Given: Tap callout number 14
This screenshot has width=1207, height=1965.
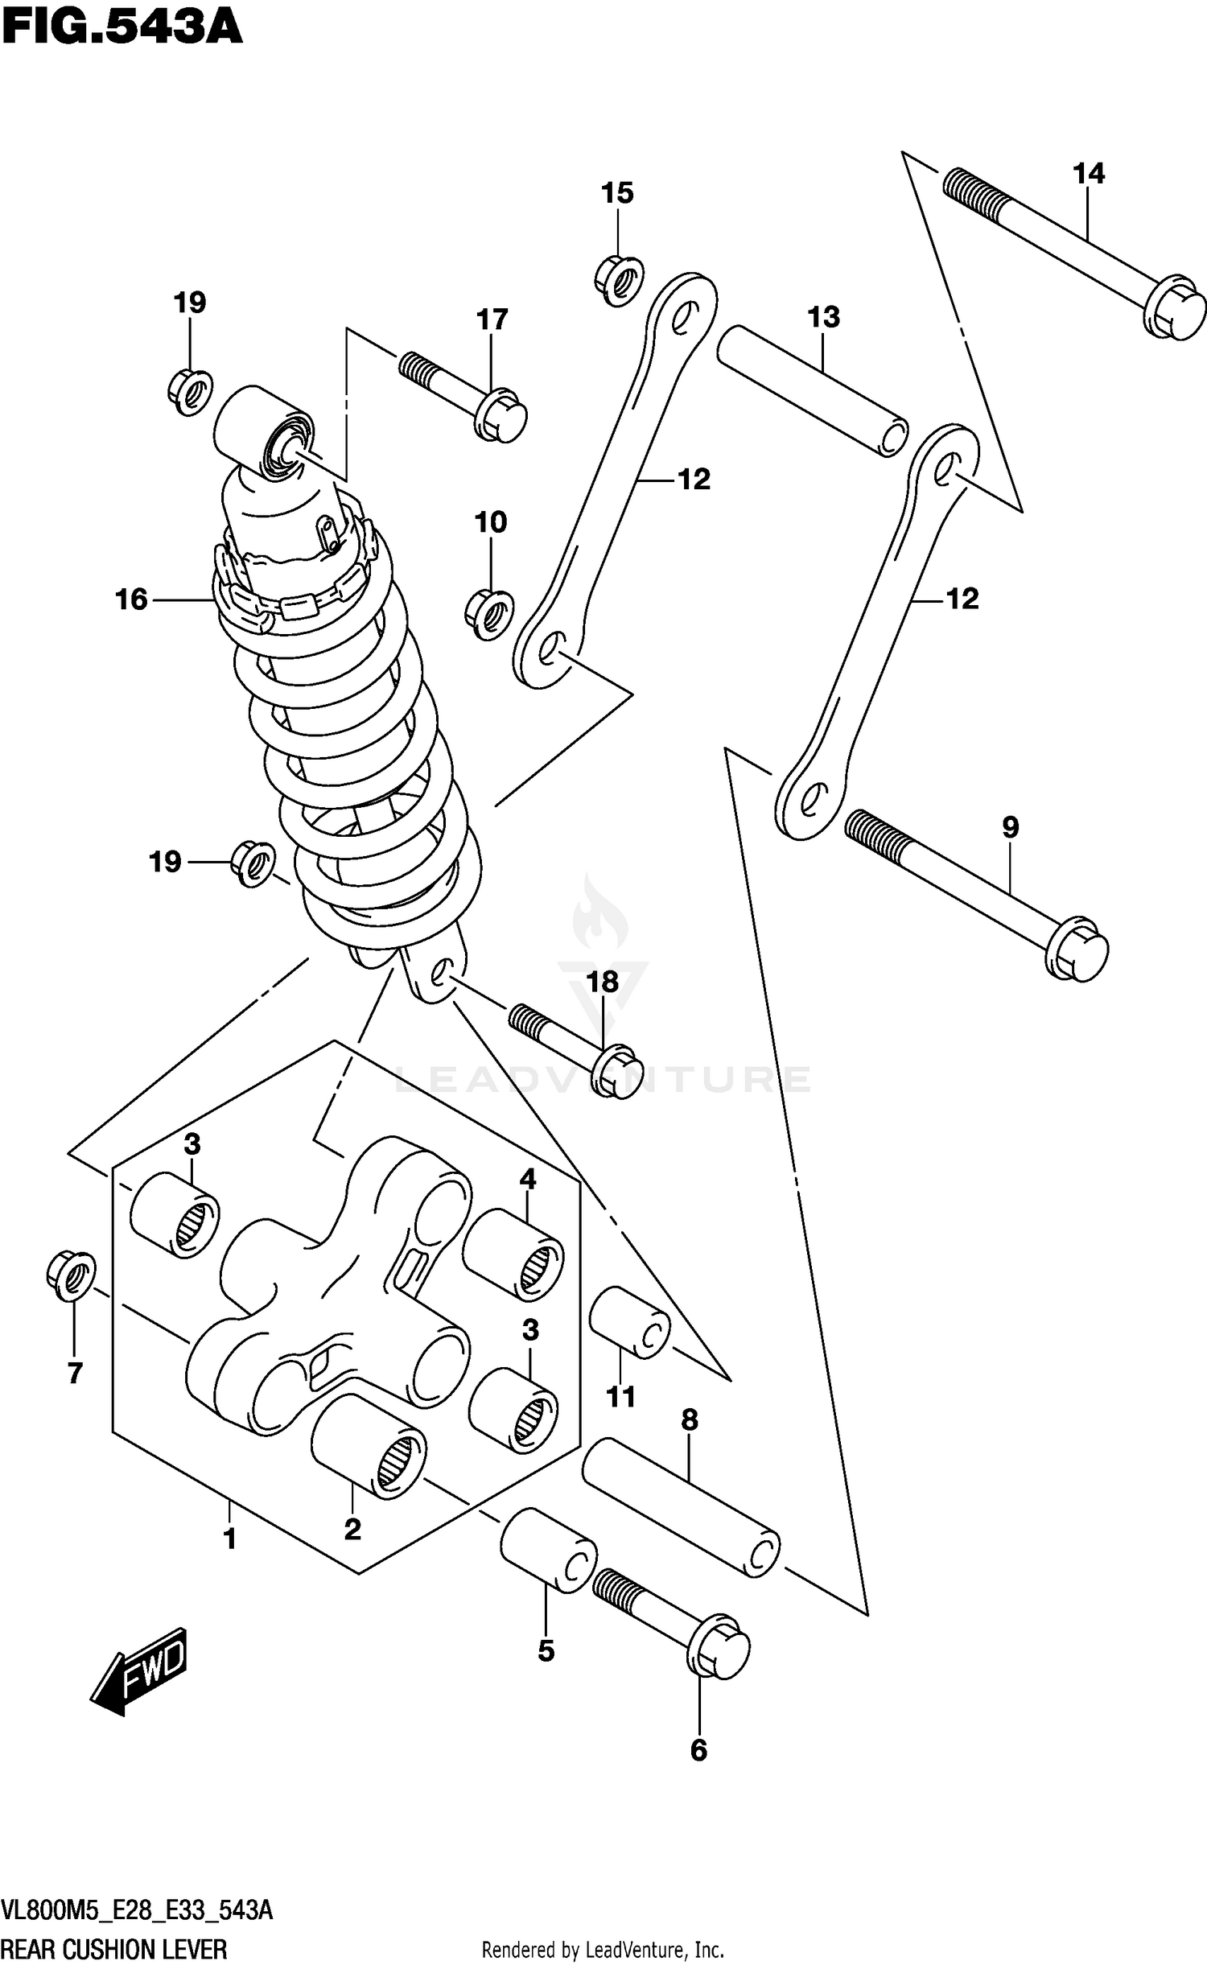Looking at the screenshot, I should (1088, 174).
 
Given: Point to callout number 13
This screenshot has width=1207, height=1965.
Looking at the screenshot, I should (824, 317).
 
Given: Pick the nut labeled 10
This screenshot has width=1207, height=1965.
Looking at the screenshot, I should (489, 615).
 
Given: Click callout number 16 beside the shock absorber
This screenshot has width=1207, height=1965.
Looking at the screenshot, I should (132, 599).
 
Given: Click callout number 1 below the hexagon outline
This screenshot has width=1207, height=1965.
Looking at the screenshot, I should (229, 1539).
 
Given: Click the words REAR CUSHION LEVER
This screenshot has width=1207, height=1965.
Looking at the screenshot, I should (114, 1943).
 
